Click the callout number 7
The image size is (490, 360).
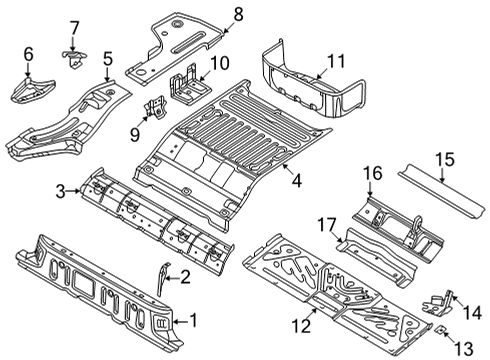click(x=74, y=28)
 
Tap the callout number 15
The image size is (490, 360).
click(x=445, y=159)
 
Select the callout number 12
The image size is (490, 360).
click(x=302, y=326)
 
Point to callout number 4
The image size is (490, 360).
click(x=297, y=181)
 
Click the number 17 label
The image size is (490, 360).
click(x=327, y=225)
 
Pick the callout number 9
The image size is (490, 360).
click(x=135, y=135)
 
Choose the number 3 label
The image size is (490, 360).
click(x=60, y=191)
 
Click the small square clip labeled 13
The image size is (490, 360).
click(x=440, y=330)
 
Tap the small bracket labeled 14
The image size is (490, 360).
click(x=437, y=303)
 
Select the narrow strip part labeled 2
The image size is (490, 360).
click(x=162, y=278)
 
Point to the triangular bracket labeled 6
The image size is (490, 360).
click(x=32, y=90)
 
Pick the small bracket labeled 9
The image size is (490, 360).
click(x=155, y=106)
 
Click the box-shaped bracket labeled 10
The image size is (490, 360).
click(x=189, y=83)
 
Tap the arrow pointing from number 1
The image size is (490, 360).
click(x=181, y=321)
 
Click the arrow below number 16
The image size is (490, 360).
click(x=369, y=189)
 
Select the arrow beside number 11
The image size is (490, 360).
click(x=323, y=74)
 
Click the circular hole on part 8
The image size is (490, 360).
click(x=176, y=23)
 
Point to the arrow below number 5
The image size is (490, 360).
click(x=107, y=74)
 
